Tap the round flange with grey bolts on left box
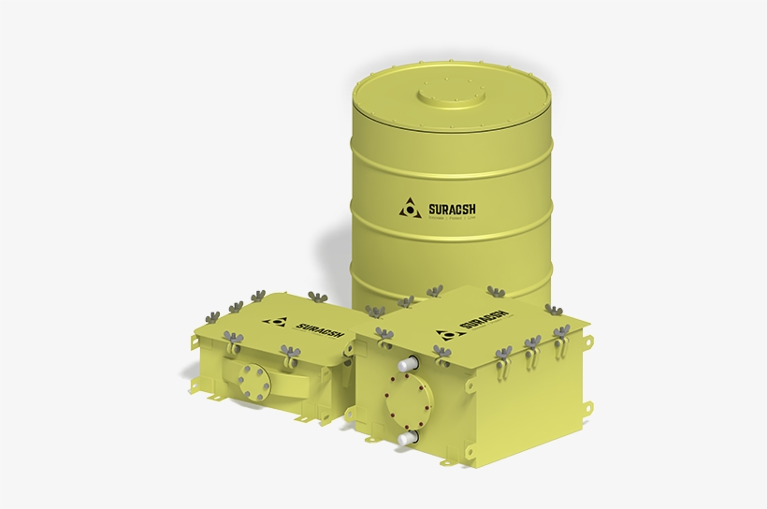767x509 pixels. tap(252, 380)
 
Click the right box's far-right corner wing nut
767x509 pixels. tap(560, 333)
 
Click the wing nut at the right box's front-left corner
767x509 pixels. tap(383, 333)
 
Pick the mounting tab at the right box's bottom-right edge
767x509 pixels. tap(586, 407)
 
